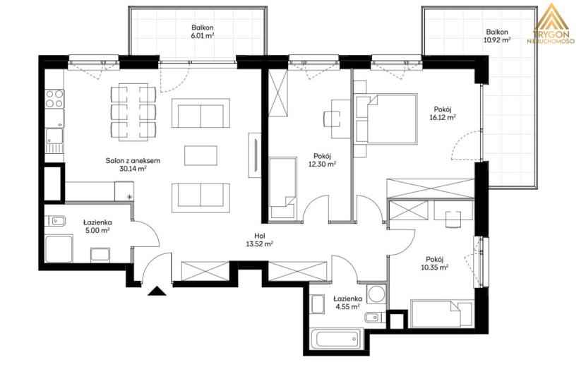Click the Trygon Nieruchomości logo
(x=551, y=24)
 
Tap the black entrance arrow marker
(x=157, y=291)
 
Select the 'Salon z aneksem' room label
(x=133, y=161)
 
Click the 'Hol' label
(x=259, y=236)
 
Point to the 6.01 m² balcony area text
(x=203, y=36)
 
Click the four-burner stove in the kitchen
(x=54, y=99)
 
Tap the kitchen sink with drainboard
(x=54, y=140)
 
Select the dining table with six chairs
(x=133, y=112)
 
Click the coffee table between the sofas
(x=201, y=155)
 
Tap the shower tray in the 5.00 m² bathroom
(x=59, y=249)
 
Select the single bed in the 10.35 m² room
(x=441, y=313)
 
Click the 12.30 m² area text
(x=322, y=164)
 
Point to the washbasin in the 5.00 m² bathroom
(x=55, y=221)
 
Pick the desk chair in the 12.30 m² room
(x=332, y=119)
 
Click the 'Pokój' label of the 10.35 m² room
(x=434, y=259)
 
